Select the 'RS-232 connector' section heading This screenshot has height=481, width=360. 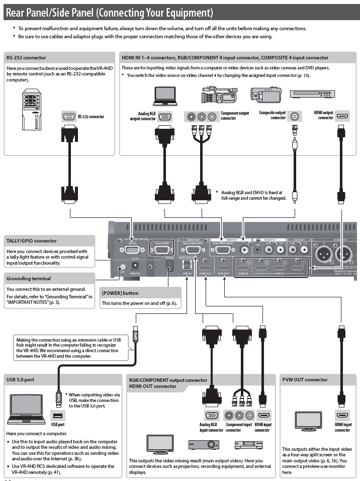[x=26, y=58]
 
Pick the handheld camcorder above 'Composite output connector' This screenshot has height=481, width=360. [x=265, y=95]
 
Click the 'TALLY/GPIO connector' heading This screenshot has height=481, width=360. [x=32, y=241]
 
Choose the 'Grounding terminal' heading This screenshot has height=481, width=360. [x=29, y=278]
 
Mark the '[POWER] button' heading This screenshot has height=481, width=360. [x=120, y=293]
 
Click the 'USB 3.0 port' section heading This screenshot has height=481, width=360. [x=21, y=380]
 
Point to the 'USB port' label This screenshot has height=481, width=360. [x=58, y=424]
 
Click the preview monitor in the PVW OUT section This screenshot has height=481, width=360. [x=308, y=421]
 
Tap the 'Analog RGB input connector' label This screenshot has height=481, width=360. [x=211, y=428]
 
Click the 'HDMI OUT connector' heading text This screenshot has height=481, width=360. [x=153, y=386]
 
